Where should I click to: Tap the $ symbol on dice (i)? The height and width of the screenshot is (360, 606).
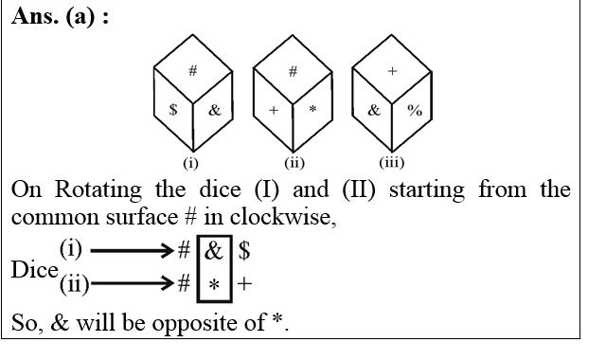pyautogui.click(x=173, y=110)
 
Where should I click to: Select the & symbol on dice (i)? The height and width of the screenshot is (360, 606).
pyautogui.click(x=214, y=110)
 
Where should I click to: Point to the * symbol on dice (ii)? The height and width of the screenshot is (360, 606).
pyautogui.click(x=313, y=110)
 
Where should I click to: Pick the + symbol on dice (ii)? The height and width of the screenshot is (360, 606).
pyautogui.click(x=274, y=110)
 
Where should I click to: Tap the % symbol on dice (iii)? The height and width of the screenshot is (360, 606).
pyautogui.click(x=414, y=110)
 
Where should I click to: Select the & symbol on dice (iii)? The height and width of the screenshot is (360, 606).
pyautogui.click(x=373, y=110)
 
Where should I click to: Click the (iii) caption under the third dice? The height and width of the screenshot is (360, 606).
pyautogui.click(x=393, y=162)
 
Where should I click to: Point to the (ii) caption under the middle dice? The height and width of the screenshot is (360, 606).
pyautogui.click(x=294, y=162)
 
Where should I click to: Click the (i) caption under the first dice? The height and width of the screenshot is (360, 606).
pyautogui.click(x=192, y=162)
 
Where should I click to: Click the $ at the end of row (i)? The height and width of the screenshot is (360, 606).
pyautogui.click(x=244, y=253)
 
